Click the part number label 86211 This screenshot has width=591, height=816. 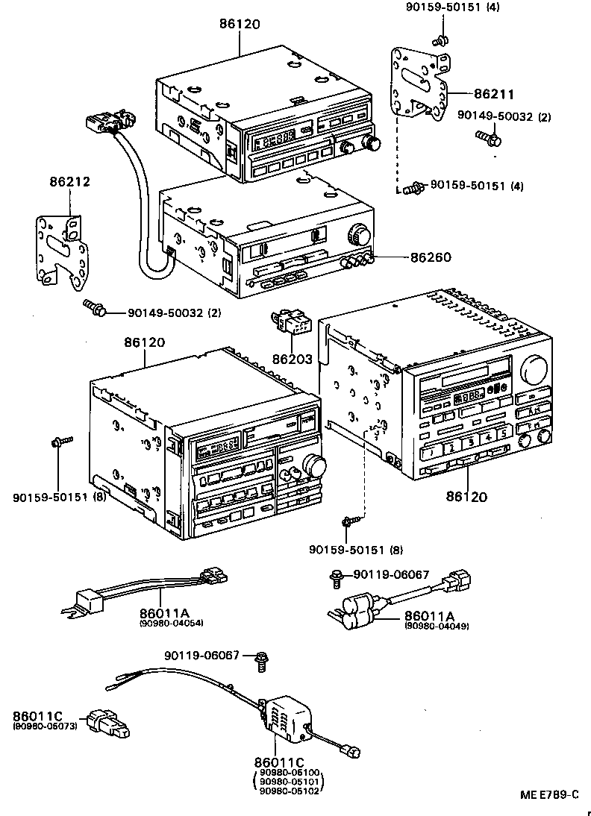pyautogui.click(x=494, y=95)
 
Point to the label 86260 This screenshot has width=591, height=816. pyautogui.click(x=431, y=257)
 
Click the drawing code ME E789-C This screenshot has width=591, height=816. pyautogui.click(x=549, y=796)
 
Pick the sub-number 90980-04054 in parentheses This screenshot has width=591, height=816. pyautogui.click(x=171, y=622)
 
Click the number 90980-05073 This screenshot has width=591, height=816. pyautogui.click(x=45, y=726)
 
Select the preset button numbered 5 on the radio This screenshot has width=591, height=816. pyautogui.click(x=504, y=433)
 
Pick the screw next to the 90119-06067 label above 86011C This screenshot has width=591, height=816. pyautogui.click(x=262, y=659)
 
